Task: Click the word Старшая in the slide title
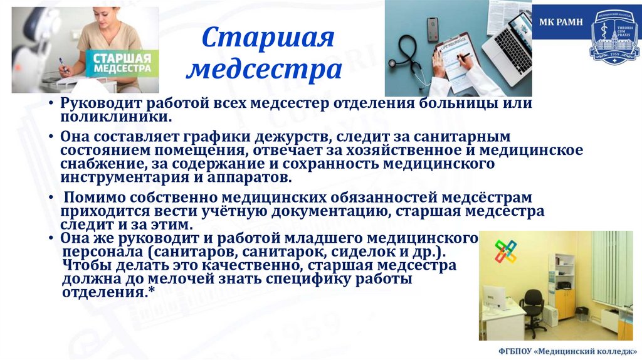point(268,39)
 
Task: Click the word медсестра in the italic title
point(266,70)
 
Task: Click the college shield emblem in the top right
point(613,40)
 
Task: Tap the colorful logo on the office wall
point(505,251)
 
